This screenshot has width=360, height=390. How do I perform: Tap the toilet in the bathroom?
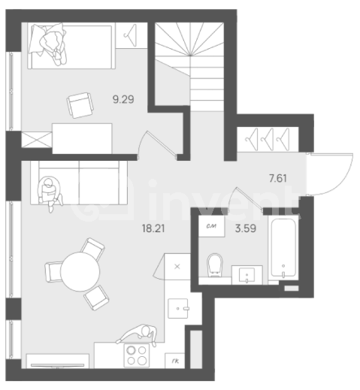point(216,264)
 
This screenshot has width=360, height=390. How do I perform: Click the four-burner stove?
point(137,354)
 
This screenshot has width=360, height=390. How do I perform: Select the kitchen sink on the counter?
point(180,308)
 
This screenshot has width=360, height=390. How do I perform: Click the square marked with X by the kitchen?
point(177,266)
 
